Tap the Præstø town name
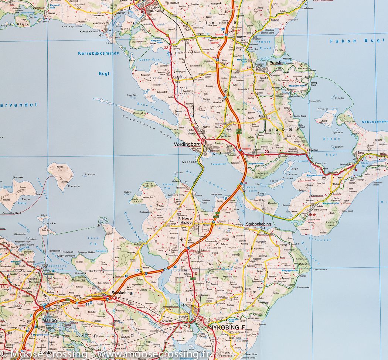[276, 63]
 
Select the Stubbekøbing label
[258, 224]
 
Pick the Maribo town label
[49, 320]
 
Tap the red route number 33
[166, 48]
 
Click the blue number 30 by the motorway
[223, 30]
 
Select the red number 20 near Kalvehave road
[266, 151]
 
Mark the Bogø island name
[261, 193]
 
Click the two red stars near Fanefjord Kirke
[313, 215]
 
